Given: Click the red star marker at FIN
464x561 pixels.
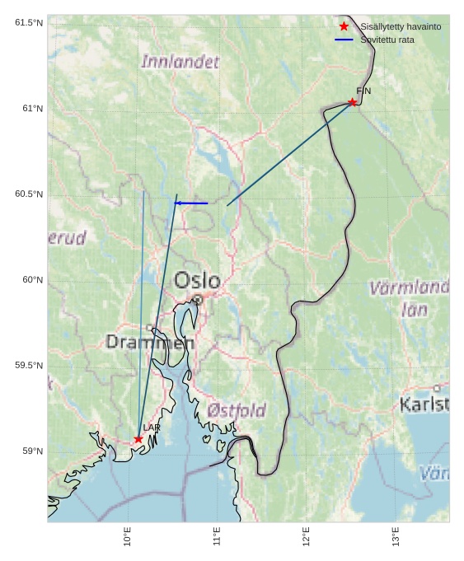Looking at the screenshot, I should (353, 102).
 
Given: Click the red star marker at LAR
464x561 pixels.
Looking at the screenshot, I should (138, 439).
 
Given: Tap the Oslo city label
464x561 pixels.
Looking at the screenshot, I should (197, 281).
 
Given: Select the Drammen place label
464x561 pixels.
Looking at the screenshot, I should (150, 342).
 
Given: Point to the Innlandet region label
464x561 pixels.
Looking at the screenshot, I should (180, 62).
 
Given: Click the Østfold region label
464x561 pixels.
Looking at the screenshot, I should (237, 410).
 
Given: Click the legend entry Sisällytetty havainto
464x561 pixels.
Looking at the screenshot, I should (401, 26).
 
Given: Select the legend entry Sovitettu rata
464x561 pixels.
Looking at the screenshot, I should (387, 40).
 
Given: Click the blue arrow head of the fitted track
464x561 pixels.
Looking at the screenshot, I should (178, 203).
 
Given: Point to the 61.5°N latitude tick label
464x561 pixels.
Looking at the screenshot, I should (29, 23).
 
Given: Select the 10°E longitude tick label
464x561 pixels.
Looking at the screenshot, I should (128, 536).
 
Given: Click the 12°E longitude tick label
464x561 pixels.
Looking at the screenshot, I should (307, 536).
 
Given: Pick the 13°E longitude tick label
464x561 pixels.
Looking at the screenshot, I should (396, 536).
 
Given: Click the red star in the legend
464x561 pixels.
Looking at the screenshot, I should (344, 26).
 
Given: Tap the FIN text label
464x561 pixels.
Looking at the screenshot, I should (363, 91).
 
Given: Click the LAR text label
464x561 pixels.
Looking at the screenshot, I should (152, 428).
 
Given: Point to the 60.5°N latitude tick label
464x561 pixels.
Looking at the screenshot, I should (29, 194).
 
